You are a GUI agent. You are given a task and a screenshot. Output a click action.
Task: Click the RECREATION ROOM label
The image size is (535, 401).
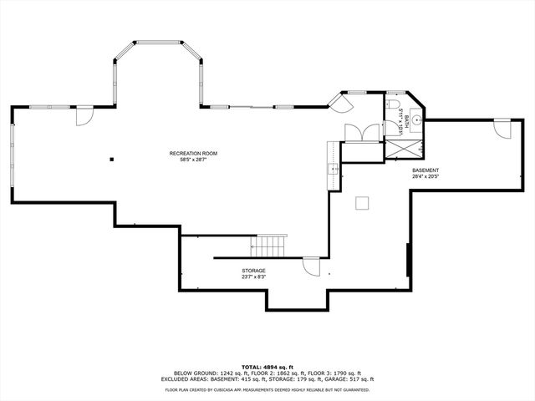coord(193,154)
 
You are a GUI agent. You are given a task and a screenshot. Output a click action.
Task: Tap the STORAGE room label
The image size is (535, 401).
coord(254,271)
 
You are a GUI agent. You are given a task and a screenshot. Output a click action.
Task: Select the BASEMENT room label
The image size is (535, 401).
coord(425,170)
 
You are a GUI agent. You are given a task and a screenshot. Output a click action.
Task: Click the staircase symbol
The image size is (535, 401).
coord(270,246)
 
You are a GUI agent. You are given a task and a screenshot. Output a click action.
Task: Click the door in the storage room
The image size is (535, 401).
coord(310,266)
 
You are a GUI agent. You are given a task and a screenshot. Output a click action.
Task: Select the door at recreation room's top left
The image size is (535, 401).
coord(84,116)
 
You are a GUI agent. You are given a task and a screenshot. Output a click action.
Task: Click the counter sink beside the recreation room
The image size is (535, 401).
coord(334,170)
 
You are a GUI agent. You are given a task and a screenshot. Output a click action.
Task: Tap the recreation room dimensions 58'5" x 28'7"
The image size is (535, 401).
coord(193,160)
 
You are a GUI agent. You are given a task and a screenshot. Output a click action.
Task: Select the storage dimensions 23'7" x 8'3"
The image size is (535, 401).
coord(254,277)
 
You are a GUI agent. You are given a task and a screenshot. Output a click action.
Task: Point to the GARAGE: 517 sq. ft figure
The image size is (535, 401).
coord(346,378)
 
